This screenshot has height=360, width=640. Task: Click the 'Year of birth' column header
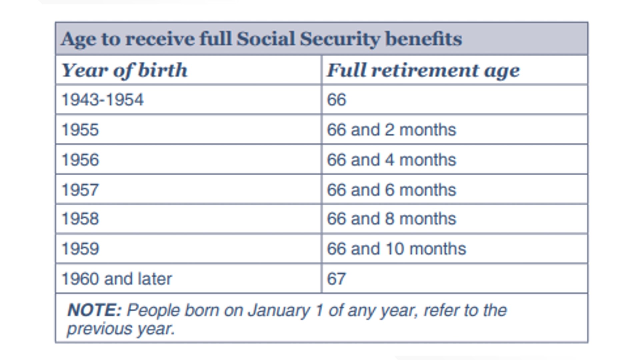pyautogui.click(x=124, y=70)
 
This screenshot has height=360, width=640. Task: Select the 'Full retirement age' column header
pyautogui.click(x=423, y=70)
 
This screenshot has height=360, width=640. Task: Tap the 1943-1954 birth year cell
pyautogui.click(x=103, y=100)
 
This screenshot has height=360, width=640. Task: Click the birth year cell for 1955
pyautogui.click(x=80, y=130)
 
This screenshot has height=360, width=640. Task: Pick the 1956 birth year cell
pyautogui.click(x=80, y=160)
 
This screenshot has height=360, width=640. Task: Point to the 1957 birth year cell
pyautogui.click(x=80, y=190)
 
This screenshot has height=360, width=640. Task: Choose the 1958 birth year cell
pyautogui.click(x=80, y=219)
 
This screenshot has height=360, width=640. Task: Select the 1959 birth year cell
pyautogui.click(x=80, y=249)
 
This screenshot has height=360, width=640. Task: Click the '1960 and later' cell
pyautogui.click(x=117, y=279)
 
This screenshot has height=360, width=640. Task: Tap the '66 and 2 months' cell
pyautogui.click(x=391, y=130)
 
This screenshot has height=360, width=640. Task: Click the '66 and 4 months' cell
pyautogui.click(x=391, y=160)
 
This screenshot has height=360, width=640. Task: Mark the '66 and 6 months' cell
pyautogui.click(x=391, y=190)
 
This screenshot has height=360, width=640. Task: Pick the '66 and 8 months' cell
pyautogui.click(x=391, y=219)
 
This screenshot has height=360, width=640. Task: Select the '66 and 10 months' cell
pyautogui.click(x=396, y=249)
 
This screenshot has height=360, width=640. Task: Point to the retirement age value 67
pyautogui.click(x=336, y=279)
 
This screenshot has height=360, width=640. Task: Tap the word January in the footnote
pyautogui.click(x=279, y=310)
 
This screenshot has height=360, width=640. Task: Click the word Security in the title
pyautogui.click(x=340, y=39)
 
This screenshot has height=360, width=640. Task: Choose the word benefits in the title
pyautogui.click(x=423, y=39)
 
